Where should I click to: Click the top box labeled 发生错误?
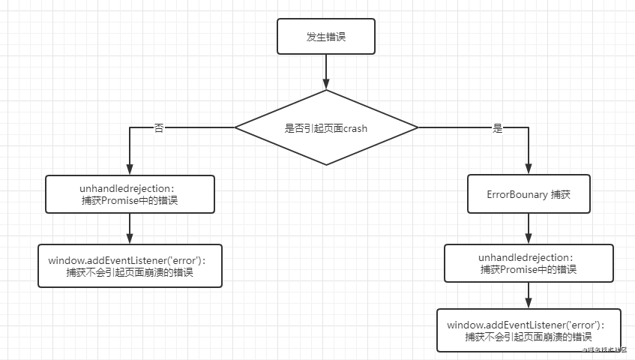point(325,37)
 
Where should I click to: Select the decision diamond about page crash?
point(325,127)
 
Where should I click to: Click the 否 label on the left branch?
point(158,128)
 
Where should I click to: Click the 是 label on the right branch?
point(497,128)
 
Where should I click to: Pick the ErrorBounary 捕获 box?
point(529,193)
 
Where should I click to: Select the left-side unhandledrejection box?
point(130,193)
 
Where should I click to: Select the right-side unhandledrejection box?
point(529,263)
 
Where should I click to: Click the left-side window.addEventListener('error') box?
point(130,265)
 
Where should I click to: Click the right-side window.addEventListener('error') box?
point(529,330)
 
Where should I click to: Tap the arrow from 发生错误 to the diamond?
point(325,72)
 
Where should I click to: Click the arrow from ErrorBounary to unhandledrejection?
point(529,228)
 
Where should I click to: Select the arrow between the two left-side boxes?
point(130,228)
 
